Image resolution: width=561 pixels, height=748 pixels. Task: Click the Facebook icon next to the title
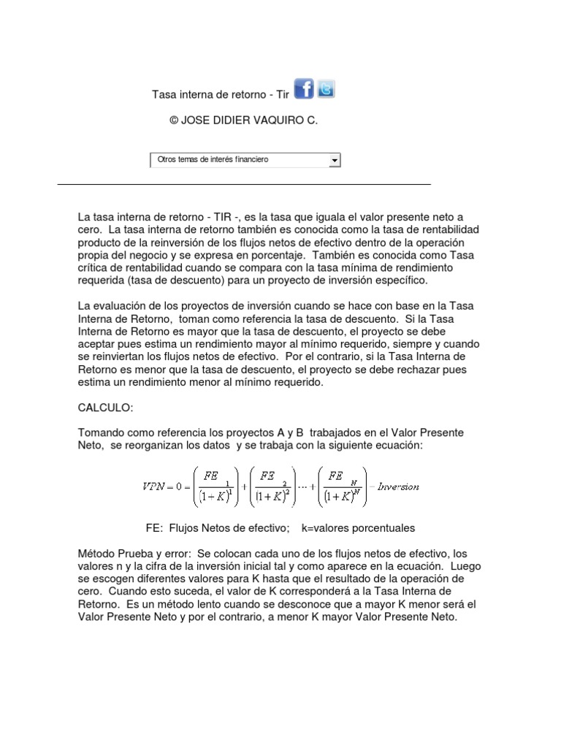[x=304, y=88]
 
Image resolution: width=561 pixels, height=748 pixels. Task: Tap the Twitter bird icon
[x=326, y=88]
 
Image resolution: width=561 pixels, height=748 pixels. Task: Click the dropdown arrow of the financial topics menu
[x=335, y=159]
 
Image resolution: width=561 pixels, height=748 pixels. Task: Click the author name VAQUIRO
[x=274, y=121]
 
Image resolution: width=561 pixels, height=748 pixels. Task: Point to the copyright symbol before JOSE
[x=174, y=121]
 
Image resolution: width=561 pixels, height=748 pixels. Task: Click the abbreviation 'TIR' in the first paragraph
[x=224, y=217]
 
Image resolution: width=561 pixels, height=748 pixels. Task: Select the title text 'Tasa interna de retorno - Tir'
[x=221, y=94]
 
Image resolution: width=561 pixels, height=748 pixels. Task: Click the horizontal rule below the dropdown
[x=244, y=185]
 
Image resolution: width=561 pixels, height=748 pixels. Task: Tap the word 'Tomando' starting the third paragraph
[x=101, y=432]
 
